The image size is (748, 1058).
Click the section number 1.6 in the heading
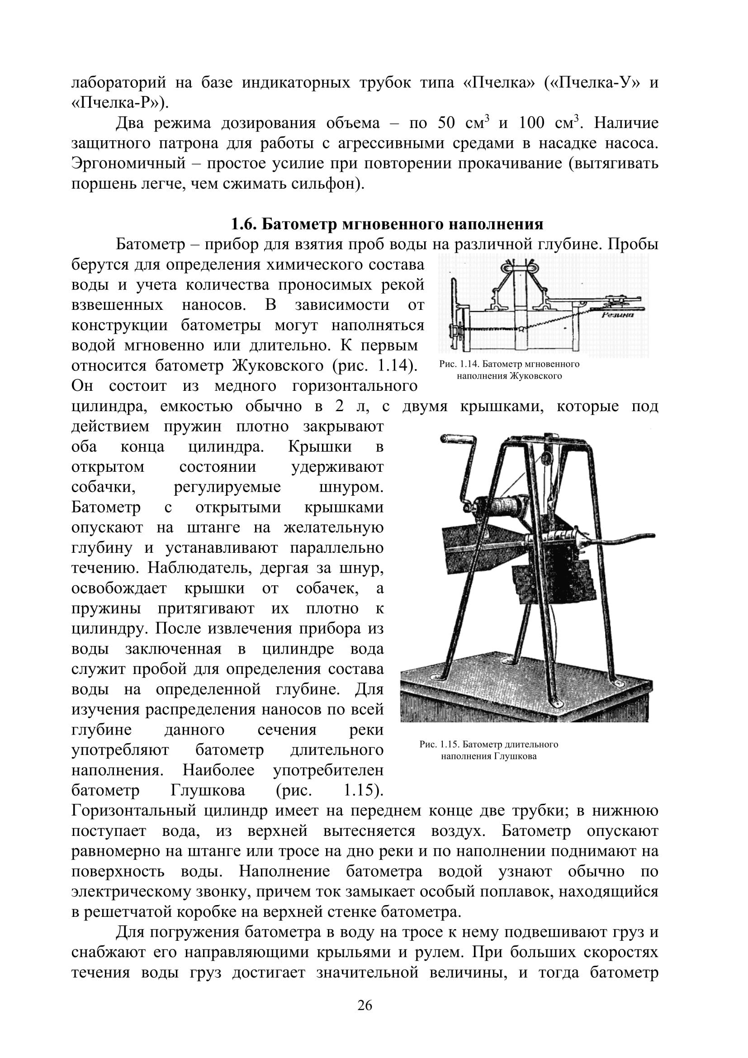pos(244,224)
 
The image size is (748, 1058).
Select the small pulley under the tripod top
pos(546,459)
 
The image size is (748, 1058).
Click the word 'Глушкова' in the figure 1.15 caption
pos(516,756)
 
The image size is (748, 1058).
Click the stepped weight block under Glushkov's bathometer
pos(553,583)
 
